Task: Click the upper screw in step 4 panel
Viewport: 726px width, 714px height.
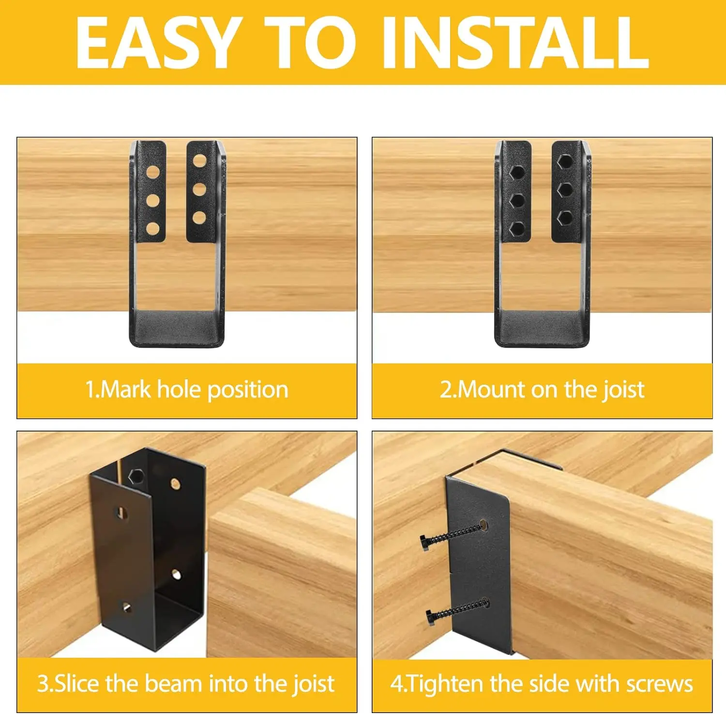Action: tap(452, 535)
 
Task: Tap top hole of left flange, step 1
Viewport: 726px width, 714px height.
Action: tap(153, 172)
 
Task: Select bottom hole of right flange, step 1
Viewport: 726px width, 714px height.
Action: tap(199, 217)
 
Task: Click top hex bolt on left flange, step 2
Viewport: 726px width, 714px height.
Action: tap(517, 172)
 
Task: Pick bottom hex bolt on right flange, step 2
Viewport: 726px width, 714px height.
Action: tap(565, 217)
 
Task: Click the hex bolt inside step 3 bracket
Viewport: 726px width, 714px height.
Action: tap(136, 477)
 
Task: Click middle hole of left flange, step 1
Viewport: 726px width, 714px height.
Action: tap(153, 200)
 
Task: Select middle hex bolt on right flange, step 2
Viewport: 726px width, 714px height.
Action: tap(565, 189)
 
